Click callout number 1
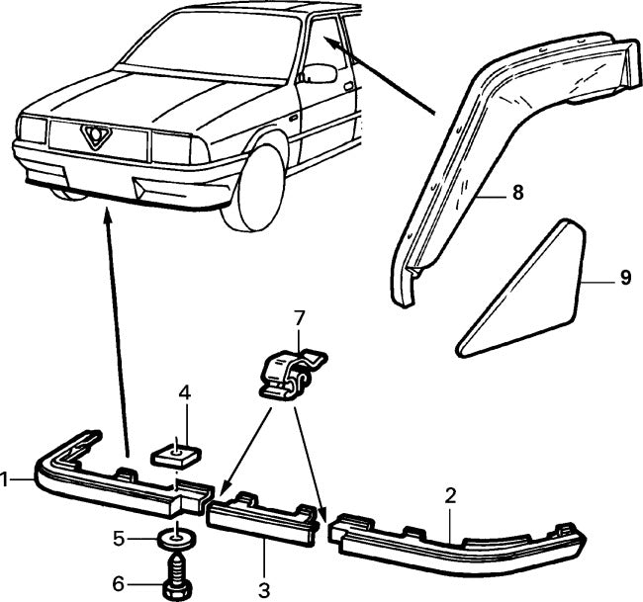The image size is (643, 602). click(x=6, y=480)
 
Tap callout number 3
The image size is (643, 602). click(x=264, y=590)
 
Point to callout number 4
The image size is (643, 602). click(x=183, y=392)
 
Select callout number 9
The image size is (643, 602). click(x=624, y=280)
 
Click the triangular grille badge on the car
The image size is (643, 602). click(x=96, y=137)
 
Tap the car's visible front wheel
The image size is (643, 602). click(x=255, y=188)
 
